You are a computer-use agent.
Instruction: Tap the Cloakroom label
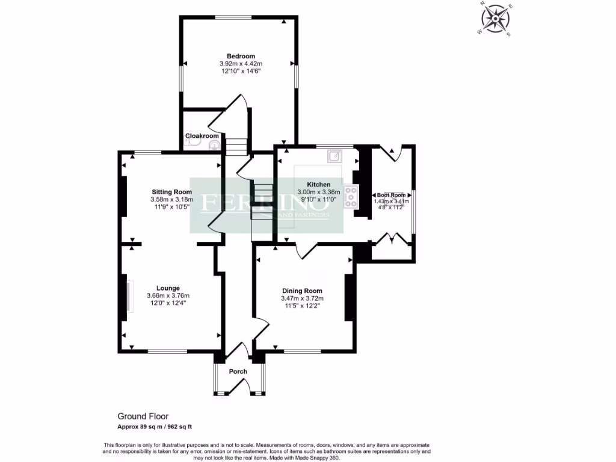click(202, 136)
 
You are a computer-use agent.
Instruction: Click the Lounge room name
click(168, 288)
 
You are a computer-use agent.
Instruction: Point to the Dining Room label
click(302, 291)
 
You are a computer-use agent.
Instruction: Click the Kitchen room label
click(318, 184)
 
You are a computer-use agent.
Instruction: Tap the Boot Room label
click(391, 196)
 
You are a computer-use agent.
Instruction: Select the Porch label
click(238, 371)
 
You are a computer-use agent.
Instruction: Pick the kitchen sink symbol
click(334, 157)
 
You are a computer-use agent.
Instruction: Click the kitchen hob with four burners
click(351, 197)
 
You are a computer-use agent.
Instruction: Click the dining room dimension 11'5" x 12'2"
click(302, 306)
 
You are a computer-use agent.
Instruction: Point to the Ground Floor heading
click(143, 416)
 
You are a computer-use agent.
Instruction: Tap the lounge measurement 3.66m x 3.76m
click(168, 295)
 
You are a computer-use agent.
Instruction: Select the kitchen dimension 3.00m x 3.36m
click(318, 192)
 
